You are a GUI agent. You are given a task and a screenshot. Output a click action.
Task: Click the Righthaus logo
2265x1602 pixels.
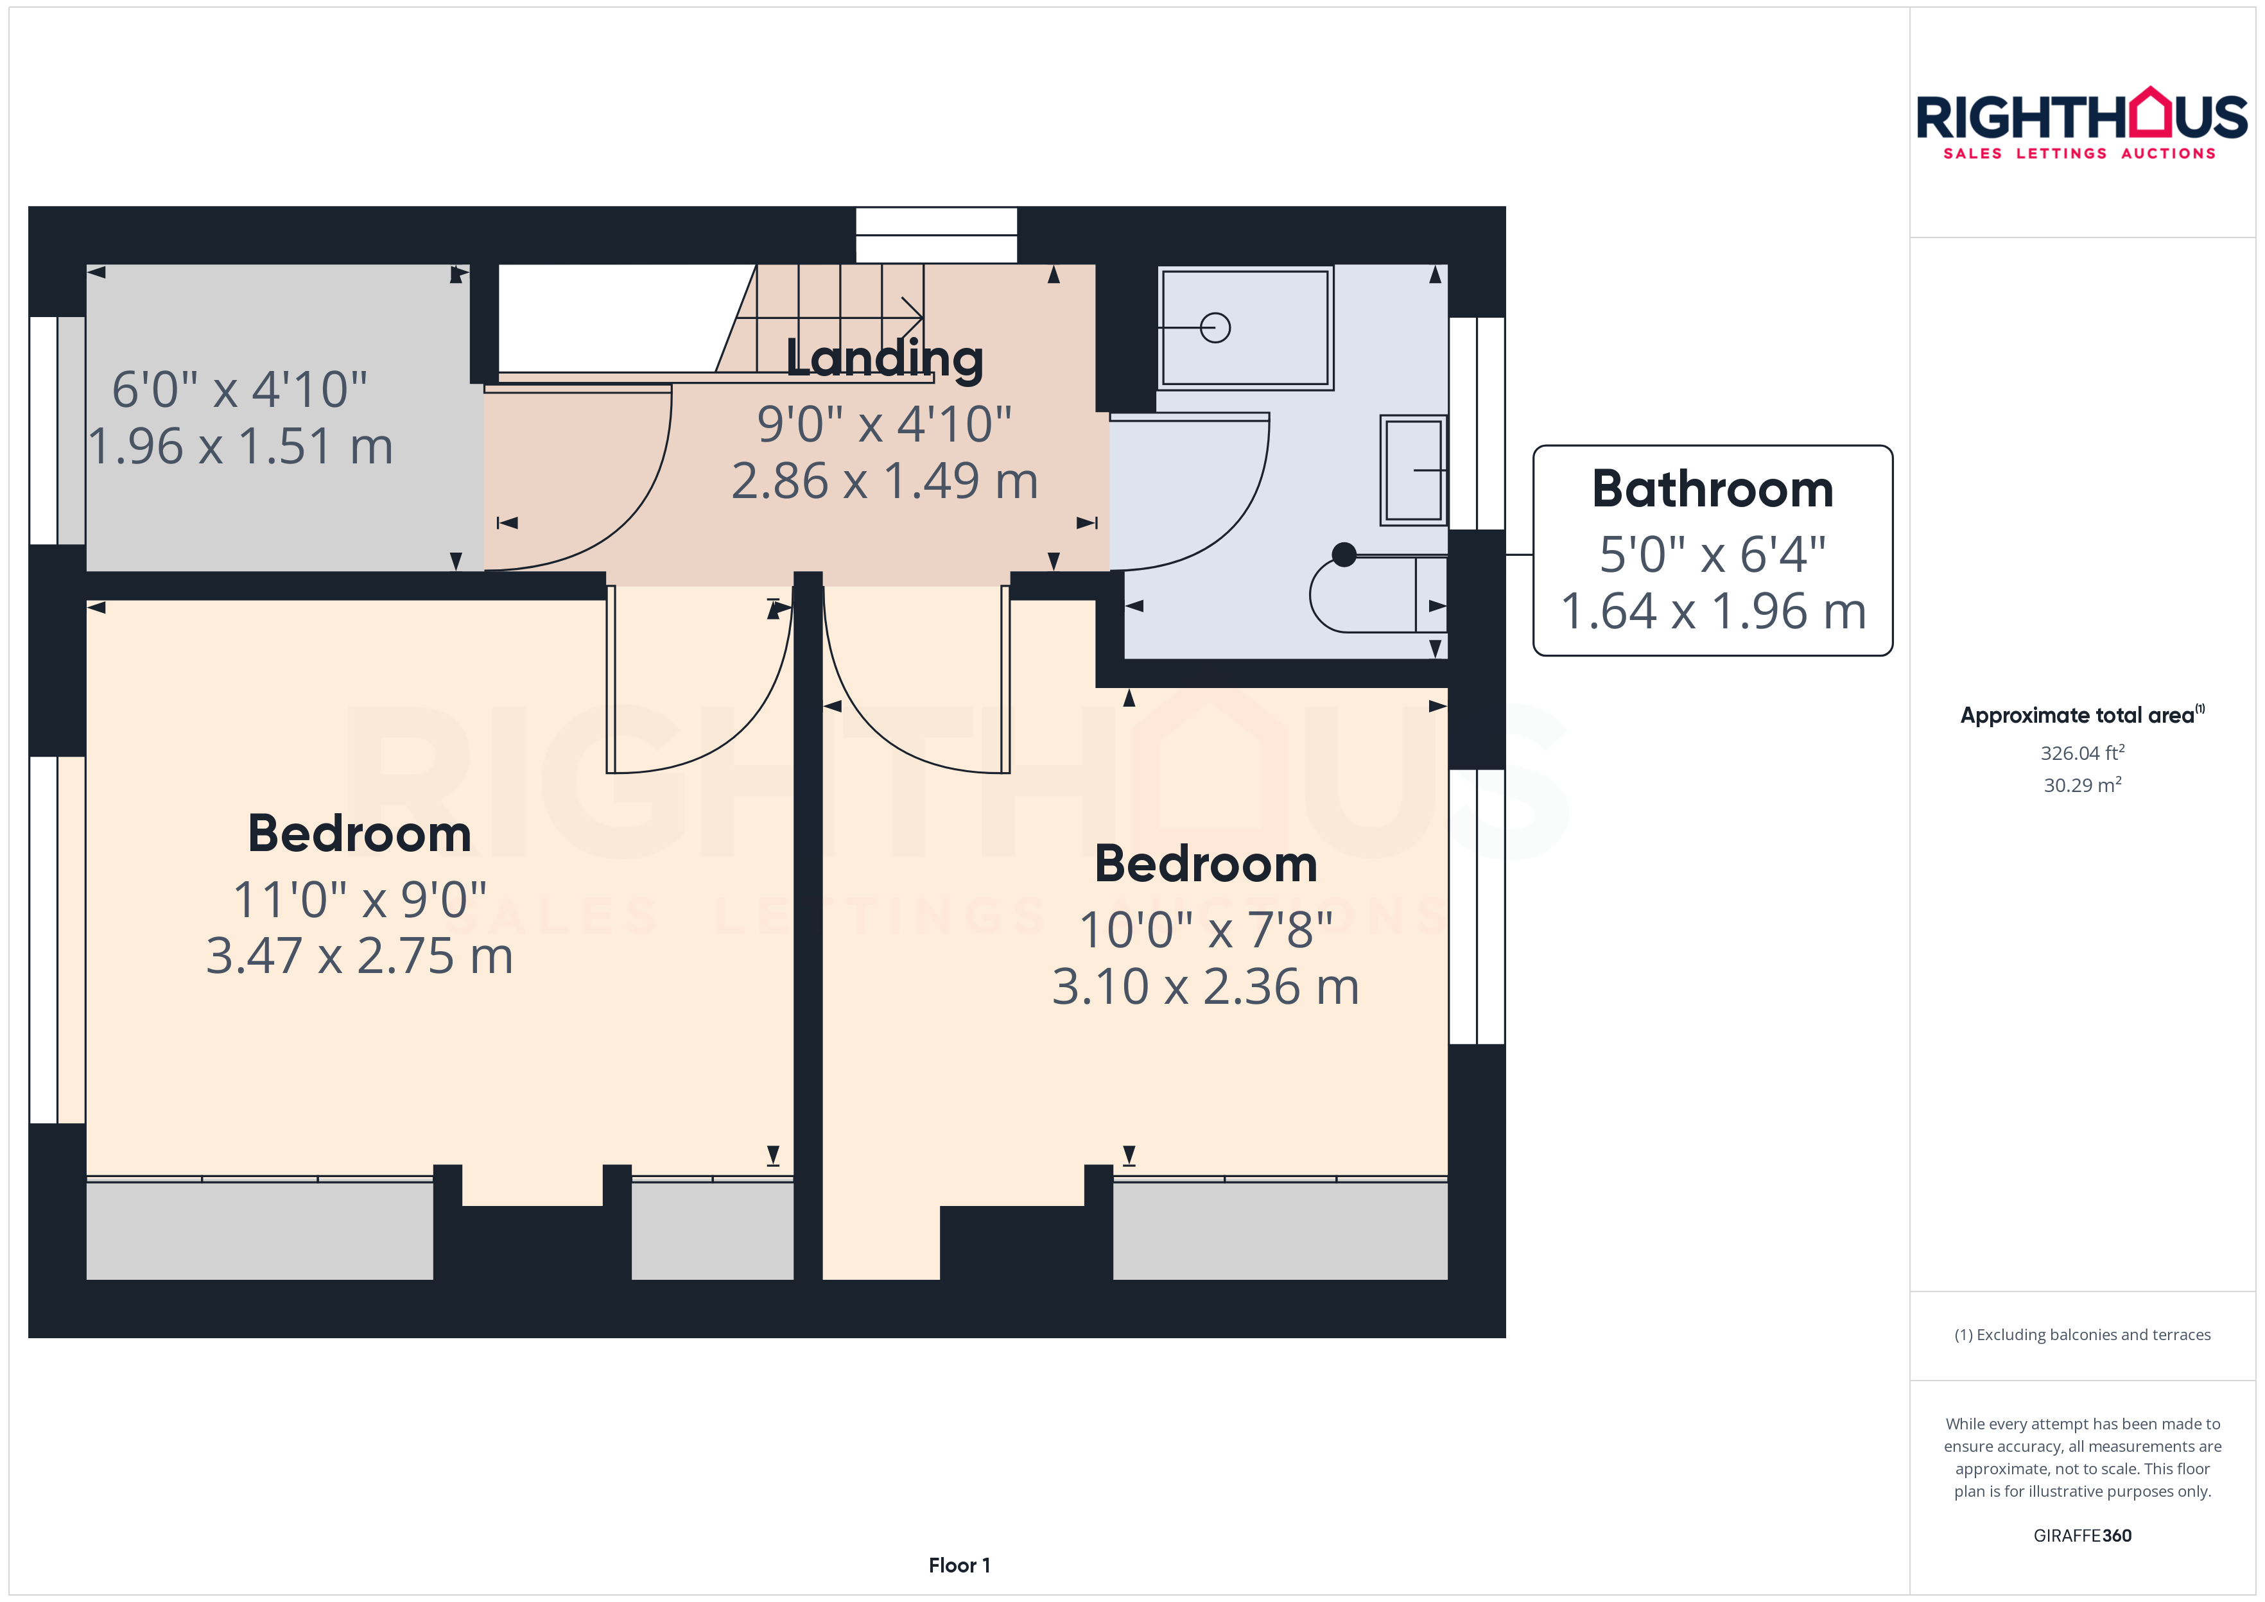pyautogui.click(x=2081, y=123)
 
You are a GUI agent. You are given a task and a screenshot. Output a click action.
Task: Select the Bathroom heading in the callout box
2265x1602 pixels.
pyautogui.click(x=1713, y=489)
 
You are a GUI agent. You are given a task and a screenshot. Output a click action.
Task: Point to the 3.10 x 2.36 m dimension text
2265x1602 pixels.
pyautogui.click(x=1206, y=986)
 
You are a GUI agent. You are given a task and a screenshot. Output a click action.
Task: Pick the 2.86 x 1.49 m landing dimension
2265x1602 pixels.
pyautogui.click(x=885, y=481)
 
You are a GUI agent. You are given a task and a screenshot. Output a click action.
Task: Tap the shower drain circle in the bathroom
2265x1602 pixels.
pyautogui.click(x=1215, y=327)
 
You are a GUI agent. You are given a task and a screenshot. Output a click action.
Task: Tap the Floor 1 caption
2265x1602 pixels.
pyautogui.click(x=959, y=1565)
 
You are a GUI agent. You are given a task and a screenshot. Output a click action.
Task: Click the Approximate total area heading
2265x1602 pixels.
pyautogui.click(x=2081, y=715)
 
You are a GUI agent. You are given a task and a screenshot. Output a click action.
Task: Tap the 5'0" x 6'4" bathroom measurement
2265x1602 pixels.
pyautogui.click(x=1713, y=555)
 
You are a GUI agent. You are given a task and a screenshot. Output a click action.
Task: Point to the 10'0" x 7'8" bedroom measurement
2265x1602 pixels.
pyautogui.click(x=1206, y=930)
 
